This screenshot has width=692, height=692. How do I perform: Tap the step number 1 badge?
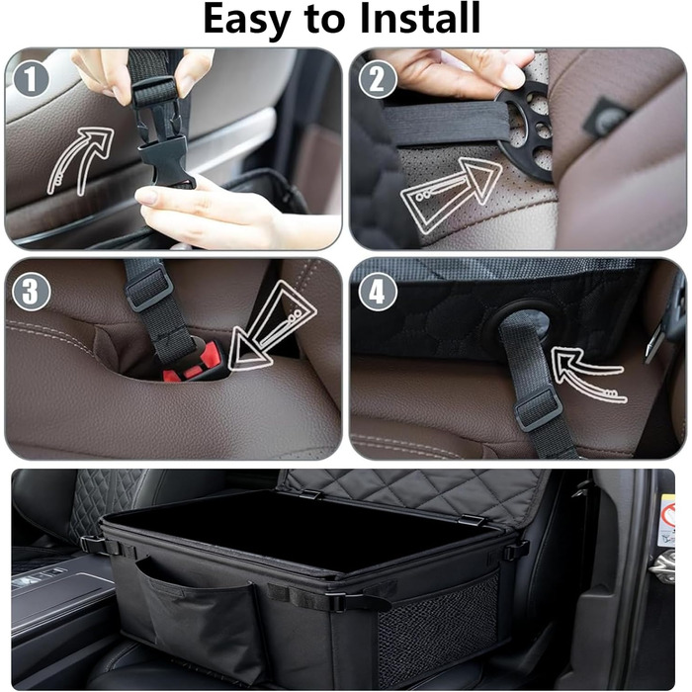point(31,79)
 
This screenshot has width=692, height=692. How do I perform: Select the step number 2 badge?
point(378,79)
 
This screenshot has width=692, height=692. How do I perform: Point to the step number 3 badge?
point(32,292)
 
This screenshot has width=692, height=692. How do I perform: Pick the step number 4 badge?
point(378,292)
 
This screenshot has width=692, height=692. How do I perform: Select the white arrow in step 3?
point(272,325)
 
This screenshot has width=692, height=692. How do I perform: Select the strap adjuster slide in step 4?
point(538,409)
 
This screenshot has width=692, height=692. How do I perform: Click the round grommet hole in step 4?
point(521,321)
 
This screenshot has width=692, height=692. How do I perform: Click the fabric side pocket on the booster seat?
point(194,614)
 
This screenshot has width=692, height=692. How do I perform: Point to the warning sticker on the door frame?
point(667,521)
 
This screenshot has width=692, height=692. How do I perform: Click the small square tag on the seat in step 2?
point(605,118)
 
